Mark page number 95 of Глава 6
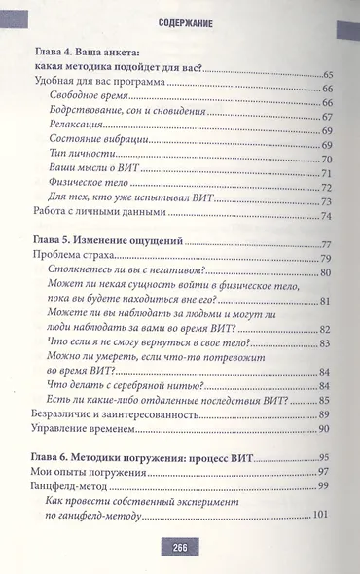click(x=327, y=458)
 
